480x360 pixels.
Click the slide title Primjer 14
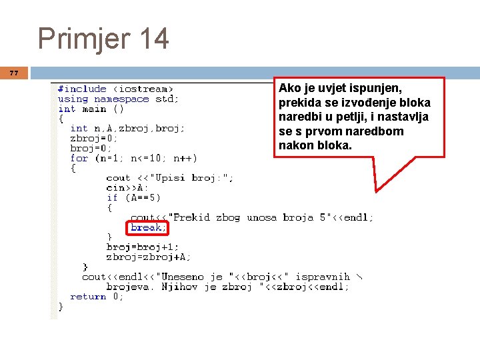click(x=103, y=38)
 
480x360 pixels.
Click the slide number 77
click(x=14, y=73)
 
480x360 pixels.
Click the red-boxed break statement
click(x=147, y=228)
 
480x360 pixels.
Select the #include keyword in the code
click(x=82, y=89)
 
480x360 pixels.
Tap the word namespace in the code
click(x=121, y=99)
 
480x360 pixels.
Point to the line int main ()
click(x=91, y=109)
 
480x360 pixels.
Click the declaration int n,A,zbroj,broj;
click(x=127, y=128)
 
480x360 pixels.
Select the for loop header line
click(x=133, y=158)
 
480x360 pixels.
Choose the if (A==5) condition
click(x=133, y=197)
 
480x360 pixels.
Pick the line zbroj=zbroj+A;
click(x=148, y=257)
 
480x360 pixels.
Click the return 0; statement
click(x=97, y=297)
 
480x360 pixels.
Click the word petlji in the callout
click(x=362, y=117)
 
